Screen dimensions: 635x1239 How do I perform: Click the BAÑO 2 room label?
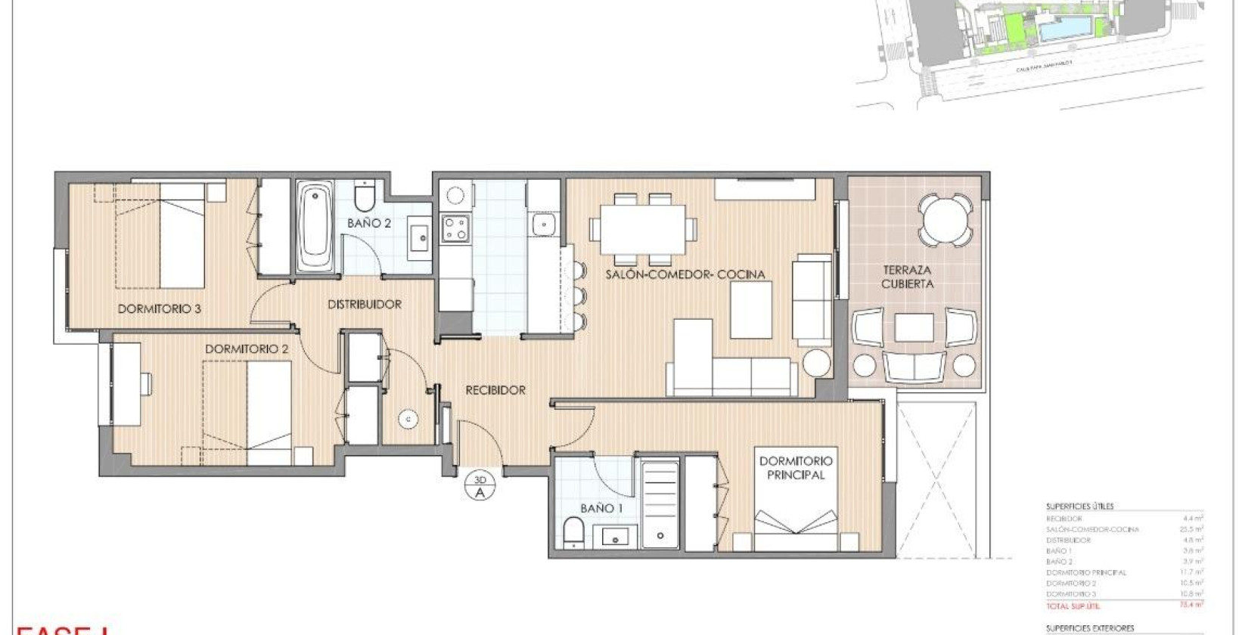point(369,223)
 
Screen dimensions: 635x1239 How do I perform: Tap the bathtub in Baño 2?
point(315,226)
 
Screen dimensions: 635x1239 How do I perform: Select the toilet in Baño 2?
point(364,197)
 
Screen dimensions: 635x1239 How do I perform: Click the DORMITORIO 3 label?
point(159,308)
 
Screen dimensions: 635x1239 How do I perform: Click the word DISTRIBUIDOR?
point(365,304)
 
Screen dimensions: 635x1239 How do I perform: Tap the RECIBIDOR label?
point(495,390)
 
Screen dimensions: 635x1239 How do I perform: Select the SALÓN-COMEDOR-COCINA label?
point(685,274)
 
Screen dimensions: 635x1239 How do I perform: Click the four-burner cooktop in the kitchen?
point(455,228)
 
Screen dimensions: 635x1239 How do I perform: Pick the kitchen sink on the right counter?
point(543,224)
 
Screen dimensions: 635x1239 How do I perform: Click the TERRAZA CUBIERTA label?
point(907,277)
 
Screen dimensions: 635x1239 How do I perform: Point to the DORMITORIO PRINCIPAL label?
point(796,467)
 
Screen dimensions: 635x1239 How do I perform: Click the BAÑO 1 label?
point(601,508)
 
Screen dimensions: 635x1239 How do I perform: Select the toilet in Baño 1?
point(573,532)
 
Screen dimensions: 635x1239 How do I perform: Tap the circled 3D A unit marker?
point(480,486)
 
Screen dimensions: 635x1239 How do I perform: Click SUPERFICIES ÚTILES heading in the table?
point(1079,506)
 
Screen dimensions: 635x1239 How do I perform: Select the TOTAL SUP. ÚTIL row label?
point(1073,606)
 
